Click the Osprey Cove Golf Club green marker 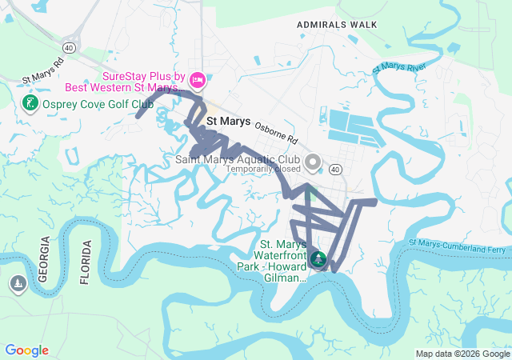pyautogui.click(x=30, y=104)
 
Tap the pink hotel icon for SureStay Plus pyautogui.click(x=198, y=80)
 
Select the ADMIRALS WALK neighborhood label pyautogui.click(x=336, y=25)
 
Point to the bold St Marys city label pyautogui.click(x=228, y=122)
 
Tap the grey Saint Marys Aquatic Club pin pyautogui.click(x=313, y=162)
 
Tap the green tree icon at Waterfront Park pyautogui.click(x=318, y=258)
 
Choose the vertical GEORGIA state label pyautogui.click(x=45, y=260)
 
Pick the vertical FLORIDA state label pyautogui.click(x=86, y=262)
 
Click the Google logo pyautogui.click(x=26, y=350)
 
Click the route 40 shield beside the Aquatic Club pyautogui.click(x=334, y=169)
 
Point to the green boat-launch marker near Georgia pyautogui.click(x=18, y=283)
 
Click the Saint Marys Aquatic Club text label pyautogui.click(x=238, y=158)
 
